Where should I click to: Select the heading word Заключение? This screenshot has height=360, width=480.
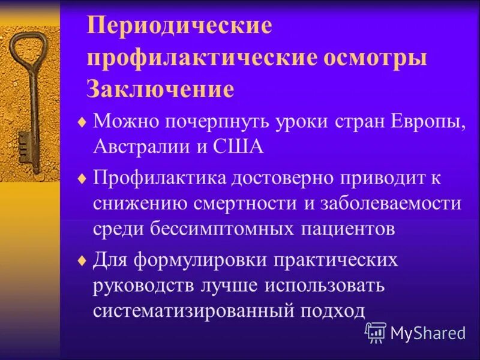coord(160,90)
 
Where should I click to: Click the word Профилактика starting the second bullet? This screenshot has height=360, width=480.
coord(158,178)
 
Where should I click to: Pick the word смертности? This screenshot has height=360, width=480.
coord(247,203)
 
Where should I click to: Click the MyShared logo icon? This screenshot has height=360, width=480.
coord(375,332)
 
